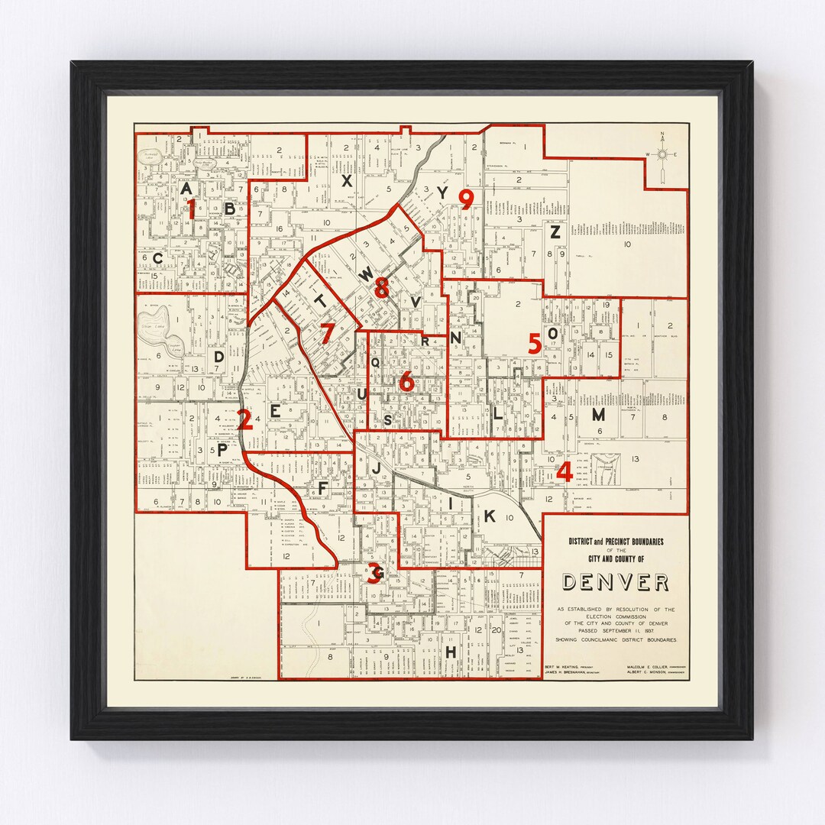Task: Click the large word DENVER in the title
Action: (x=615, y=582)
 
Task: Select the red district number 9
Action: (x=466, y=199)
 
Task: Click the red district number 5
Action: (x=535, y=344)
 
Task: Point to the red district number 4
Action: (x=565, y=472)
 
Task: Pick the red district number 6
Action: (x=406, y=380)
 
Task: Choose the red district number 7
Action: (x=327, y=334)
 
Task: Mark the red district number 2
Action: (x=244, y=419)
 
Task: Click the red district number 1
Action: (x=192, y=209)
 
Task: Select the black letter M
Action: (x=598, y=415)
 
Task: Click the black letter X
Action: (x=346, y=181)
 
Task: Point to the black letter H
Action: (x=451, y=652)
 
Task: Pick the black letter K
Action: (x=490, y=516)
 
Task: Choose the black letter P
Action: (x=222, y=451)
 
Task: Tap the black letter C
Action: (x=157, y=258)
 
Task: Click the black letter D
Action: (x=218, y=356)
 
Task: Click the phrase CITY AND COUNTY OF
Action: (x=616, y=559)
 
